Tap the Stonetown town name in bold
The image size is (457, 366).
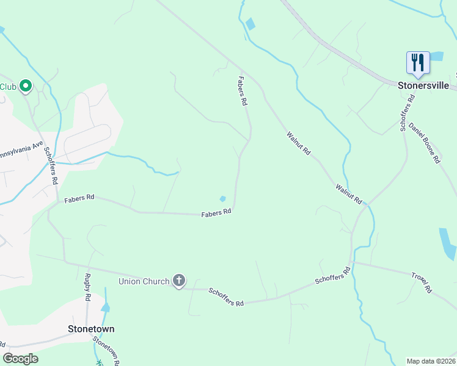pyautogui.click(x=90, y=329)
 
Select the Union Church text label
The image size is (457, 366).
pyautogui.click(x=144, y=281)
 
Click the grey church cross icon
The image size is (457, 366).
pyautogui.click(x=178, y=281)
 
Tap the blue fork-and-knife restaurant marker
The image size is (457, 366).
pyautogui.click(x=418, y=63)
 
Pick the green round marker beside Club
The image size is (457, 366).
pyautogui.click(x=26, y=87)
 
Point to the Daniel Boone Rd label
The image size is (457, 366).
pyautogui.click(x=425, y=143)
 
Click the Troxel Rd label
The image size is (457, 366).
pyautogui.click(x=422, y=281)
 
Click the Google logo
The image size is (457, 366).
pyautogui.click(x=21, y=359)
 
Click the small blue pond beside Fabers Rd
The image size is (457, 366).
pyautogui.click(x=223, y=199)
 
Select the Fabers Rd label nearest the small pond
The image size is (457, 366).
pyautogui.click(x=217, y=212)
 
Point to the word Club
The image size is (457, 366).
pyautogui.click(x=7, y=87)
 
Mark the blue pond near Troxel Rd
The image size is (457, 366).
pyautogui.click(x=447, y=243)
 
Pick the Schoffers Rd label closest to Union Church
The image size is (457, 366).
pyautogui.click(x=226, y=298)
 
